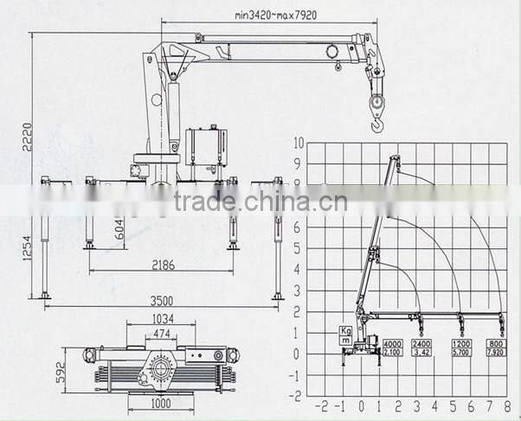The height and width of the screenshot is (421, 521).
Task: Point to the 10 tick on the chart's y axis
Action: (299, 143)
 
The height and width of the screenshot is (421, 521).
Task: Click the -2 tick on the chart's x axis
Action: (322, 406)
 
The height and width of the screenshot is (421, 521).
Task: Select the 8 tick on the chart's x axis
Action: (501, 406)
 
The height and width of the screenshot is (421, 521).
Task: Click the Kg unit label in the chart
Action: (345, 331)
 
